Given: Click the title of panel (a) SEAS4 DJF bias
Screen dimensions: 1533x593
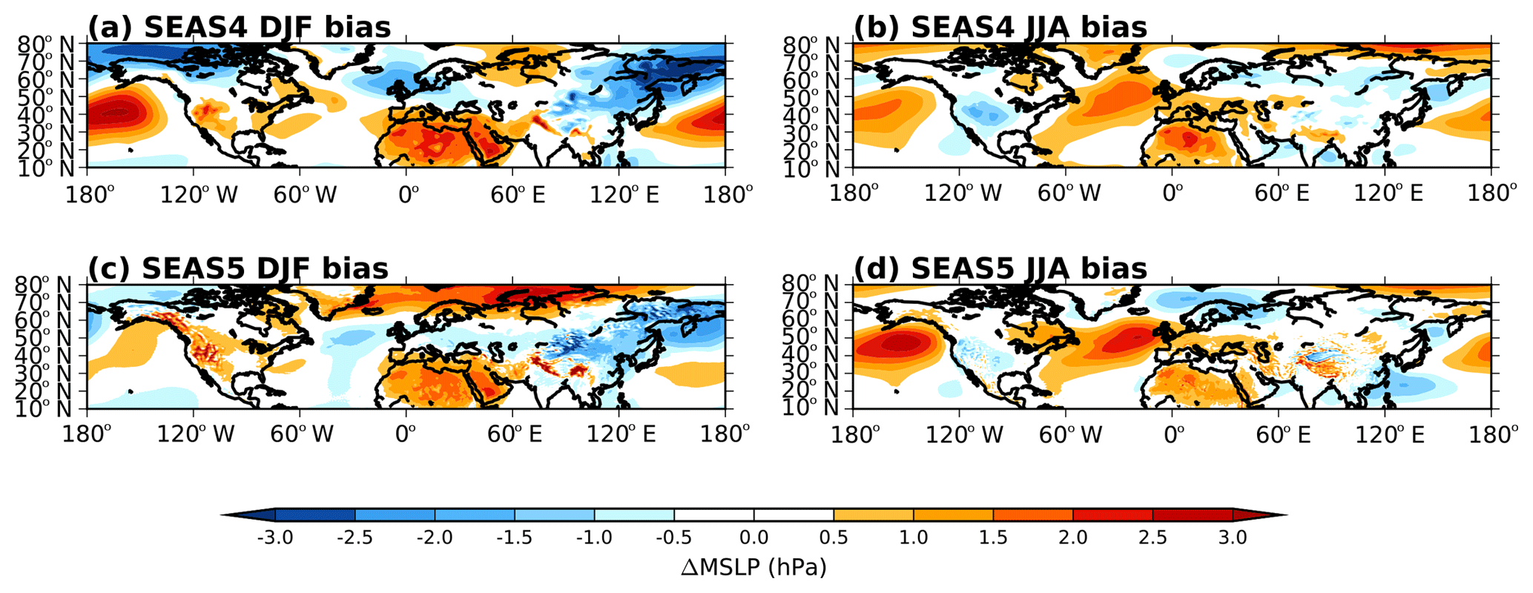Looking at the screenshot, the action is point(239,28).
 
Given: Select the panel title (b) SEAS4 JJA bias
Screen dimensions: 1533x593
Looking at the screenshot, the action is point(1000,28).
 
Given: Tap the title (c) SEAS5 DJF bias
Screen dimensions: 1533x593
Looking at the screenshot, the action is point(238,268).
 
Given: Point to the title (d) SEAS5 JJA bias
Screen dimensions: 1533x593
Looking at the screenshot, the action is point(1000,268).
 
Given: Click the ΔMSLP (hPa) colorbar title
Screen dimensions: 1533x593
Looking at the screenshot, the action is point(754,568).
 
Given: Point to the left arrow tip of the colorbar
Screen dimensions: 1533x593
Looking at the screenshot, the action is point(222,515).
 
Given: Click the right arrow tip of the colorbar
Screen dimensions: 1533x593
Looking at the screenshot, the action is point(1287,515).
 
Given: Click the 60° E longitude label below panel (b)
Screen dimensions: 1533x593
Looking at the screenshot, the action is point(1282,194).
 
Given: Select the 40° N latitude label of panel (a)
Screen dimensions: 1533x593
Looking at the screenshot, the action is point(44,115).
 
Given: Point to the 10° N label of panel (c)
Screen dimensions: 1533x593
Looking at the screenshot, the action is point(44,409).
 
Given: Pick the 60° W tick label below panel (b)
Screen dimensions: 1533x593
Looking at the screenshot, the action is point(1069,194).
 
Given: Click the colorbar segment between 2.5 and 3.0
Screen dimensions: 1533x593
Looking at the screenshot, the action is point(1193,515).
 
